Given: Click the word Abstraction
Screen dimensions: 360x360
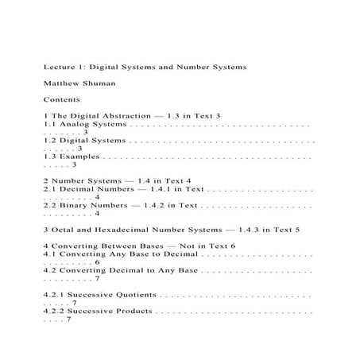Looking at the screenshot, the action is pos(118,116).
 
